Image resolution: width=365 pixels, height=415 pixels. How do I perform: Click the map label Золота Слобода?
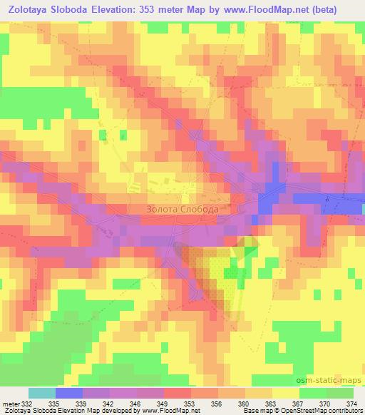point(182,210)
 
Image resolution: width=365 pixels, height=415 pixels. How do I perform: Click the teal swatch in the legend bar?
point(41,394)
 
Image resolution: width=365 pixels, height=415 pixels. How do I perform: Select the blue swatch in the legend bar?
point(68,394)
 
